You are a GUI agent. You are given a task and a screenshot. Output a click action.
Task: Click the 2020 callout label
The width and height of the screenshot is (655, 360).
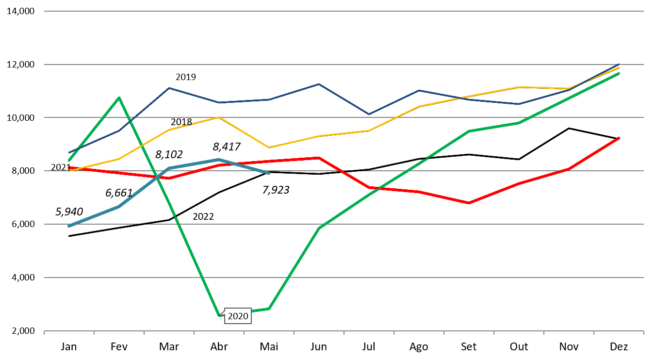point(238,316)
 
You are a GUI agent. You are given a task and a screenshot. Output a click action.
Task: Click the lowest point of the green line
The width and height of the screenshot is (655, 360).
point(219,316)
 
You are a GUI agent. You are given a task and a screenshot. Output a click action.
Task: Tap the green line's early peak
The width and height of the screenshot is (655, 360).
point(119,98)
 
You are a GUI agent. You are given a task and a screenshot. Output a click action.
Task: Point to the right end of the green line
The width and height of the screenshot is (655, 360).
point(619,73)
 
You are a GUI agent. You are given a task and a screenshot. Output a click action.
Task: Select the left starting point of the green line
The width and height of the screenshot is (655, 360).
point(69,160)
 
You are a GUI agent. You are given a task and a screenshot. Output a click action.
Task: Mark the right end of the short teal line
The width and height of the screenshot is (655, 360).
point(269,173)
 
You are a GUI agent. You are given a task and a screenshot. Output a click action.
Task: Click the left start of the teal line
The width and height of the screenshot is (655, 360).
point(69,226)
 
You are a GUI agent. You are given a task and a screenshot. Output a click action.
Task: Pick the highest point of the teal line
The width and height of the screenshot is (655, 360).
point(219,160)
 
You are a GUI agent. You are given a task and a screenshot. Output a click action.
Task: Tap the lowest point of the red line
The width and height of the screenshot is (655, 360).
point(469,203)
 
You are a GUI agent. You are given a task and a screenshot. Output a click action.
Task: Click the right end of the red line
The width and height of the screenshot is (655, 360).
point(619,138)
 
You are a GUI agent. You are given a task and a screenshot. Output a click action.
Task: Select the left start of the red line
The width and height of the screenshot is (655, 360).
point(69,168)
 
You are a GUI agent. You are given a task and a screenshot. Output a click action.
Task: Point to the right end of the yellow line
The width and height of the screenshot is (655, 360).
point(619,67)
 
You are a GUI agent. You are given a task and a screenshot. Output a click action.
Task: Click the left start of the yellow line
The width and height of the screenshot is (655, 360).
point(69,171)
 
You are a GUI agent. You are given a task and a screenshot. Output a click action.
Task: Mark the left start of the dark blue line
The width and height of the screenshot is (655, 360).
point(69,153)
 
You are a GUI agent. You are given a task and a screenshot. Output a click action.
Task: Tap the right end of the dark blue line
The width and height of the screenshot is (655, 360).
point(619,64)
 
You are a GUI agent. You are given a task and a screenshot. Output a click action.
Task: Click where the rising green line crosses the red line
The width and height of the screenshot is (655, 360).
point(376,188)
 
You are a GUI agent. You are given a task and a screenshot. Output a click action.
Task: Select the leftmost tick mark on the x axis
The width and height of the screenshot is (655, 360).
point(44,332)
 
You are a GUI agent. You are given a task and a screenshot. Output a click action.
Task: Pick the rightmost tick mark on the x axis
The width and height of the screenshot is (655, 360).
point(643,332)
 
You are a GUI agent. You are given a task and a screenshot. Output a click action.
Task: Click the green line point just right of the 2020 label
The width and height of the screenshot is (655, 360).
point(269,309)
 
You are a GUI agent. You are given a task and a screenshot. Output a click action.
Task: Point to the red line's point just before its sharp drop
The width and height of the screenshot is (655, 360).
point(319,158)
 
